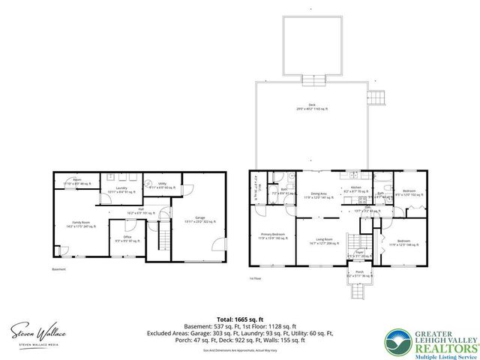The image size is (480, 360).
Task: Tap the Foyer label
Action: pos(359,253)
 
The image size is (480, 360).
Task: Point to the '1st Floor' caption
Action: pos(256,278)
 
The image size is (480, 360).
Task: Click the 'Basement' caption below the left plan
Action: pos(59,269)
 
